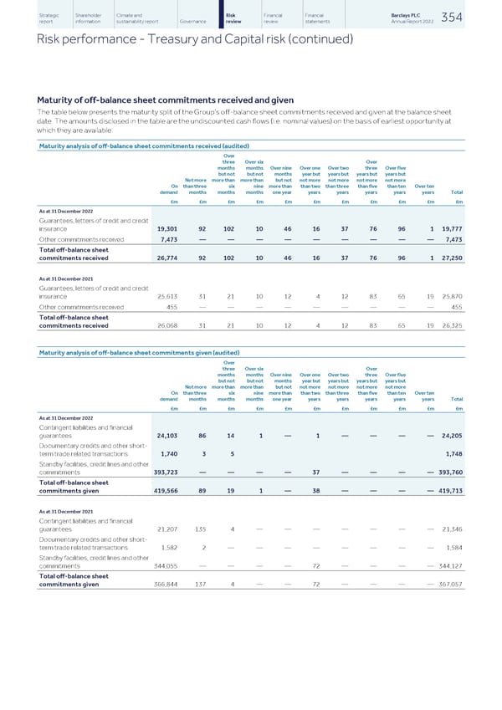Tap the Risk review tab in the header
[235, 17]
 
